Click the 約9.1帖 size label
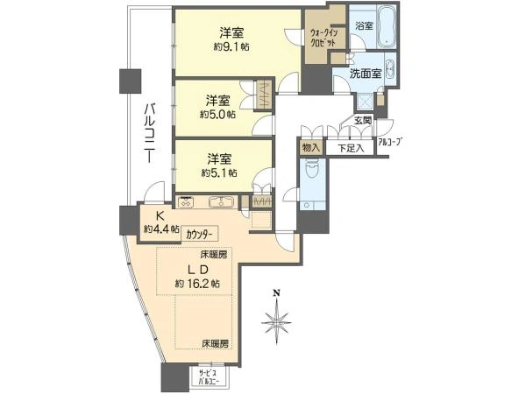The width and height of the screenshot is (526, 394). click(x=231, y=46)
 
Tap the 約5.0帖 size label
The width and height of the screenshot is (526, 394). click(x=217, y=115)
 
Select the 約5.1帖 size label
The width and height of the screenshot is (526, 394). click(x=219, y=172)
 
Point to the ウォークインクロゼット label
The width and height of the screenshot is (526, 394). click(x=323, y=38)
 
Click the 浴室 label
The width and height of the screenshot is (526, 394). click(x=365, y=25)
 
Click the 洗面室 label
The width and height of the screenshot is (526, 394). click(x=366, y=74)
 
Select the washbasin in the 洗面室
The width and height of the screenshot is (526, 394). click(x=390, y=69)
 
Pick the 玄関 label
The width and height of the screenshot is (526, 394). click(x=363, y=120)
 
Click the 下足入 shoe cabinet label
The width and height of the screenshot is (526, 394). click(x=351, y=148)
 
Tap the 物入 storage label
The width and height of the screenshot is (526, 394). click(x=310, y=148)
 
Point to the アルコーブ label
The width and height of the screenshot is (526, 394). click(x=390, y=142)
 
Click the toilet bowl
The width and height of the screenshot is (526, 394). click(x=312, y=170)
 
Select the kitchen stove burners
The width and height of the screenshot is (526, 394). click(x=185, y=201)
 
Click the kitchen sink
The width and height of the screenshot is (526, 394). click(x=221, y=202)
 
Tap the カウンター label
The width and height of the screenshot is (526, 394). click(x=199, y=235)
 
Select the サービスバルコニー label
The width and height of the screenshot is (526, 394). click(x=209, y=377)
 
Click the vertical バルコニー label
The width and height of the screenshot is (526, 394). click(x=150, y=133)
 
